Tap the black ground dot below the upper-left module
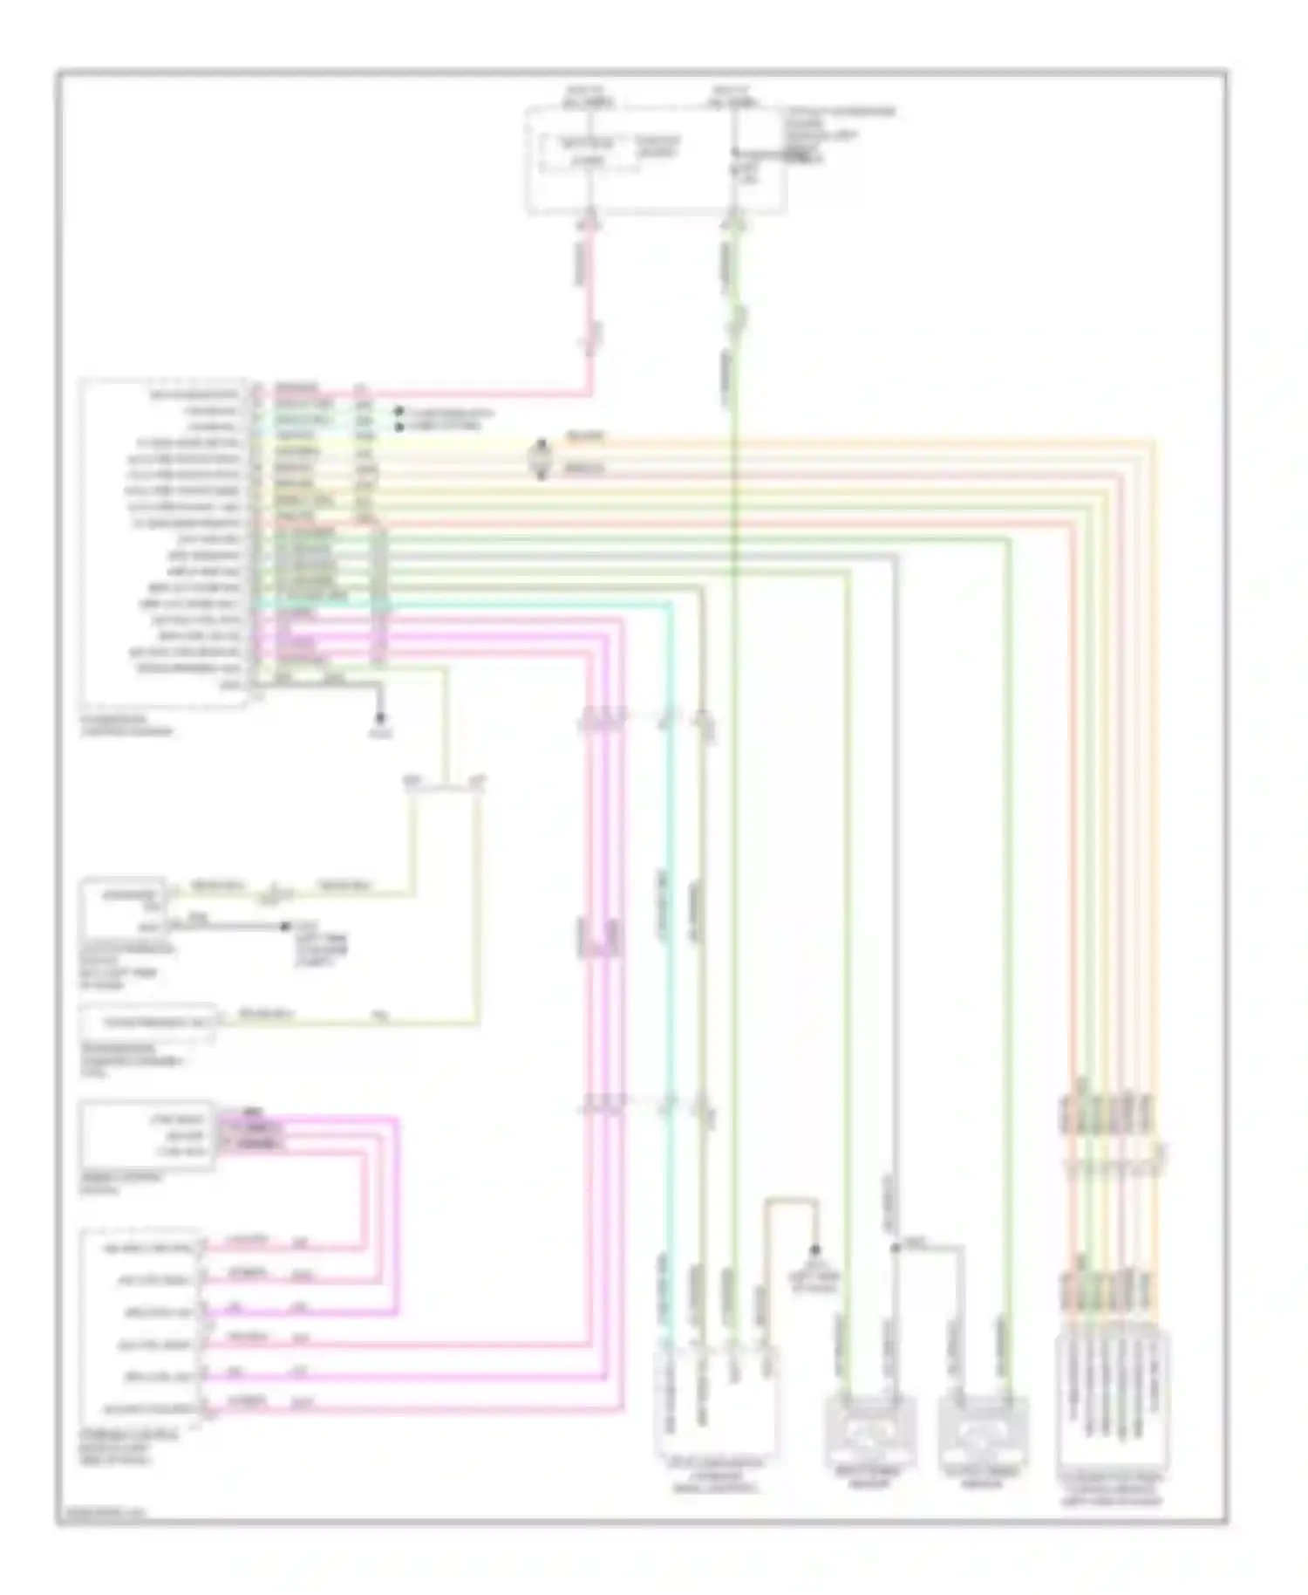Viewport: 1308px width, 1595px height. (379, 718)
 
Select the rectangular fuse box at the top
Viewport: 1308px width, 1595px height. (655, 160)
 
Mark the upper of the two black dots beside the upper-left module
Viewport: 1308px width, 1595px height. (399, 411)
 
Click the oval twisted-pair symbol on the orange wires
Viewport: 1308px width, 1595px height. (541, 459)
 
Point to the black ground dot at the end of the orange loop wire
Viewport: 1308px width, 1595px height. (815, 1249)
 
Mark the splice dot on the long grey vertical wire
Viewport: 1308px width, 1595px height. (893, 1248)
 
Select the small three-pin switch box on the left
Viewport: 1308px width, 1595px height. (146, 1134)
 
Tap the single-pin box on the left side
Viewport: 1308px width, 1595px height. (147, 1022)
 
